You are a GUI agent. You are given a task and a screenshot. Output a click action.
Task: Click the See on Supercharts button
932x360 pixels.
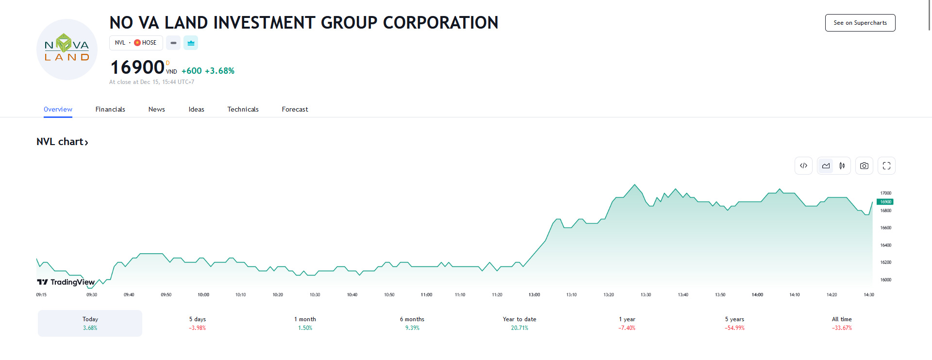coord(860,23)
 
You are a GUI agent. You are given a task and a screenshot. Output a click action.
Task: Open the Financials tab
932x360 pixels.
coord(110,109)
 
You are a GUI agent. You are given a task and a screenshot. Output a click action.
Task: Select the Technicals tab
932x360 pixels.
coord(243,109)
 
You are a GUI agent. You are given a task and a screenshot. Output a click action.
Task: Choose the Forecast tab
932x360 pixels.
coord(295,109)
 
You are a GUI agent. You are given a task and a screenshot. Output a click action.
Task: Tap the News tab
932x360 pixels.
coord(156,109)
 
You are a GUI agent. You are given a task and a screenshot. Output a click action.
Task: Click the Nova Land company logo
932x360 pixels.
coord(67,49)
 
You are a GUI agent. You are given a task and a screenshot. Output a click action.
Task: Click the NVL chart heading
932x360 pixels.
coord(62,142)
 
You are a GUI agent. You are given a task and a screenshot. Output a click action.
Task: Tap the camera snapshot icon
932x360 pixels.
coord(864,166)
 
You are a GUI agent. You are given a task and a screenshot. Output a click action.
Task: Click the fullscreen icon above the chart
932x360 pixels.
coord(886,166)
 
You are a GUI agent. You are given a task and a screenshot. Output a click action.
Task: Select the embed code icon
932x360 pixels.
coord(803,166)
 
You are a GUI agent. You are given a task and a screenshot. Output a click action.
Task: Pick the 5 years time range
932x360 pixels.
coord(734,323)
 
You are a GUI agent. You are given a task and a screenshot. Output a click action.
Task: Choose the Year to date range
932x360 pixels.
coord(519,323)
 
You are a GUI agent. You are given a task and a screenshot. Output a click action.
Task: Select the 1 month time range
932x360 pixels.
coord(305,323)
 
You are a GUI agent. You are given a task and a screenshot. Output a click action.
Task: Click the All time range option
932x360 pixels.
coord(842,323)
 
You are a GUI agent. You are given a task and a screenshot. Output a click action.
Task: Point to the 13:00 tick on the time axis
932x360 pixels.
coord(534,295)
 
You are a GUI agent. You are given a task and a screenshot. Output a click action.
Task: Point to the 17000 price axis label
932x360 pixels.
coord(886,193)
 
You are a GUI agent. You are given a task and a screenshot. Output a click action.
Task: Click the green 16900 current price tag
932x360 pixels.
coord(885,202)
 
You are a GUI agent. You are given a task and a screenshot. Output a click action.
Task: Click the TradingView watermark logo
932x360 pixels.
coord(66,282)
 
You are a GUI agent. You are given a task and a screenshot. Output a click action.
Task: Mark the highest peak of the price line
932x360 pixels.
coord(634,185)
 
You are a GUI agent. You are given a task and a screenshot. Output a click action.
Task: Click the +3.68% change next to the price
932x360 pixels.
coord(219,71)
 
